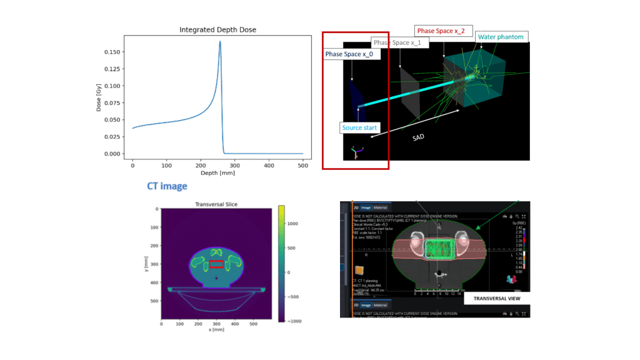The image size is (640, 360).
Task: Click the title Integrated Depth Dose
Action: [x=217, y=29]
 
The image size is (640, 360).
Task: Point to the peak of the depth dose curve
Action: [x=220, y=42]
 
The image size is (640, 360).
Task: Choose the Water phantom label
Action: [x=501, y=37]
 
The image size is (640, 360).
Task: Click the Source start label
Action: [x=359, y=127]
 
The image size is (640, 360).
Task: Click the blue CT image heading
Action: [x=167, y=186]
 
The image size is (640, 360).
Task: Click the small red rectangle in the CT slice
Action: [x=216, y=264]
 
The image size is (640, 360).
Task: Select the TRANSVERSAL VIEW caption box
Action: [x=496, y=299]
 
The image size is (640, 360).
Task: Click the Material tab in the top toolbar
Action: [x=380, y=207]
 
